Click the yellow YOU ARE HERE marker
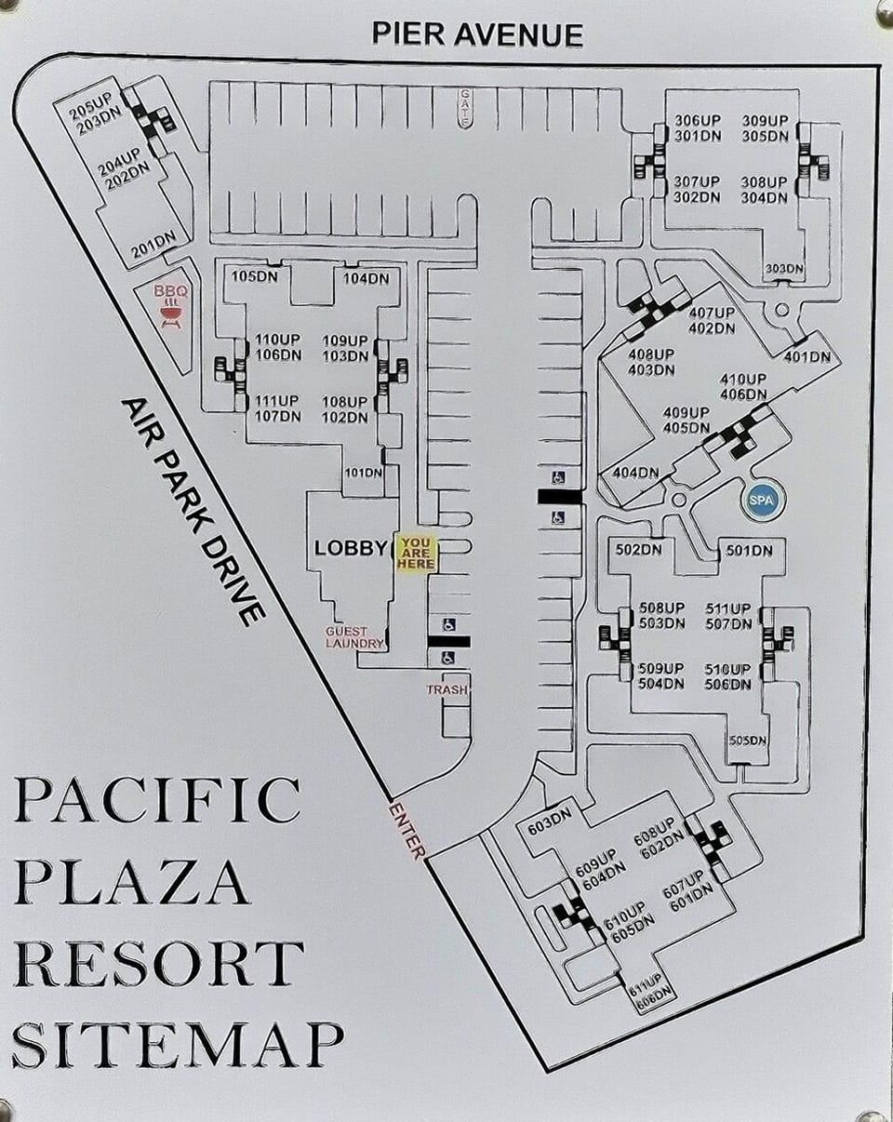point(417,553)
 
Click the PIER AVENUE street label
point(477,34)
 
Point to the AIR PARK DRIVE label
point(193,511)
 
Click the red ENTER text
point(407,828)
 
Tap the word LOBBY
point(350,548)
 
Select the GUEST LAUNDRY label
point(354,637)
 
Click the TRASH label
point(447,689)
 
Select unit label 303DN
point(784,269)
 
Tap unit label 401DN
point(806,356)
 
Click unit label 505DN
point(747,741)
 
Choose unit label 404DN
point(635,473)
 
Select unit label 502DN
point(638,550)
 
